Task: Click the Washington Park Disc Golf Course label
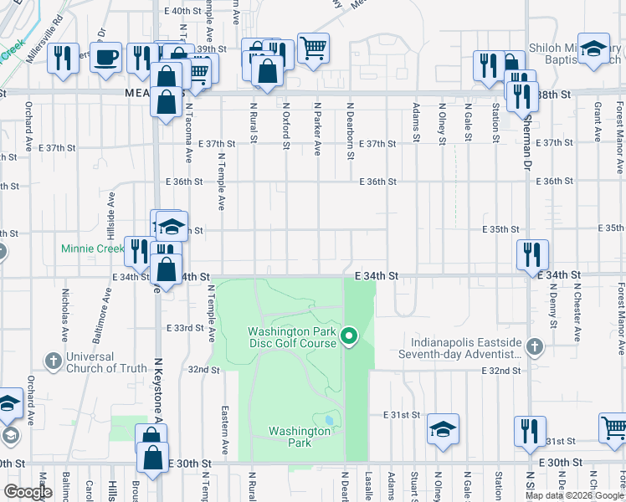[292, 338]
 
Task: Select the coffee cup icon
[105, 58]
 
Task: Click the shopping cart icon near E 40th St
[313, 49]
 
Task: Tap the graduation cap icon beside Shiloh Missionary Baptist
[594, 49]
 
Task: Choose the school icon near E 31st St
[443, 430]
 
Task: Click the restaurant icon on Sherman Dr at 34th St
[532, 254]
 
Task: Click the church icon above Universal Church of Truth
[53, 361]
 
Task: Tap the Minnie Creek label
[92, 248]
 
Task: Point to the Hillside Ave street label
[108, 212]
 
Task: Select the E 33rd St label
[186, 328]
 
